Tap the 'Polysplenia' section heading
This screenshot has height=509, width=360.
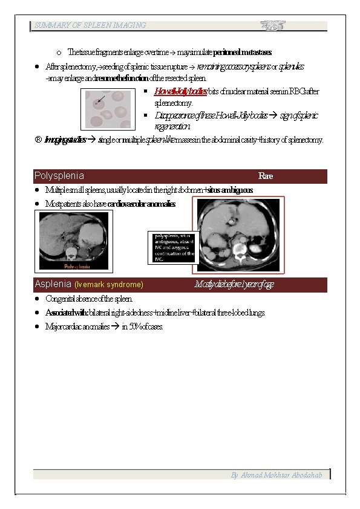click(59, 176)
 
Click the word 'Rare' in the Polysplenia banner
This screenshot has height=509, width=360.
click(265, 176)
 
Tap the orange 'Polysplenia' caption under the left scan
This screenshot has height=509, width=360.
click(76, 265)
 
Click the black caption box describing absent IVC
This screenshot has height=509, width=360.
click(174, 247)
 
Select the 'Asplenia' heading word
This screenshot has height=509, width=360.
click(53, 284)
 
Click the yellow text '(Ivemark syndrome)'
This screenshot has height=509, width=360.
click(109, 284)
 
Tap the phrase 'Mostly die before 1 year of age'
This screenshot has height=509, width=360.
click(234, 284)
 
